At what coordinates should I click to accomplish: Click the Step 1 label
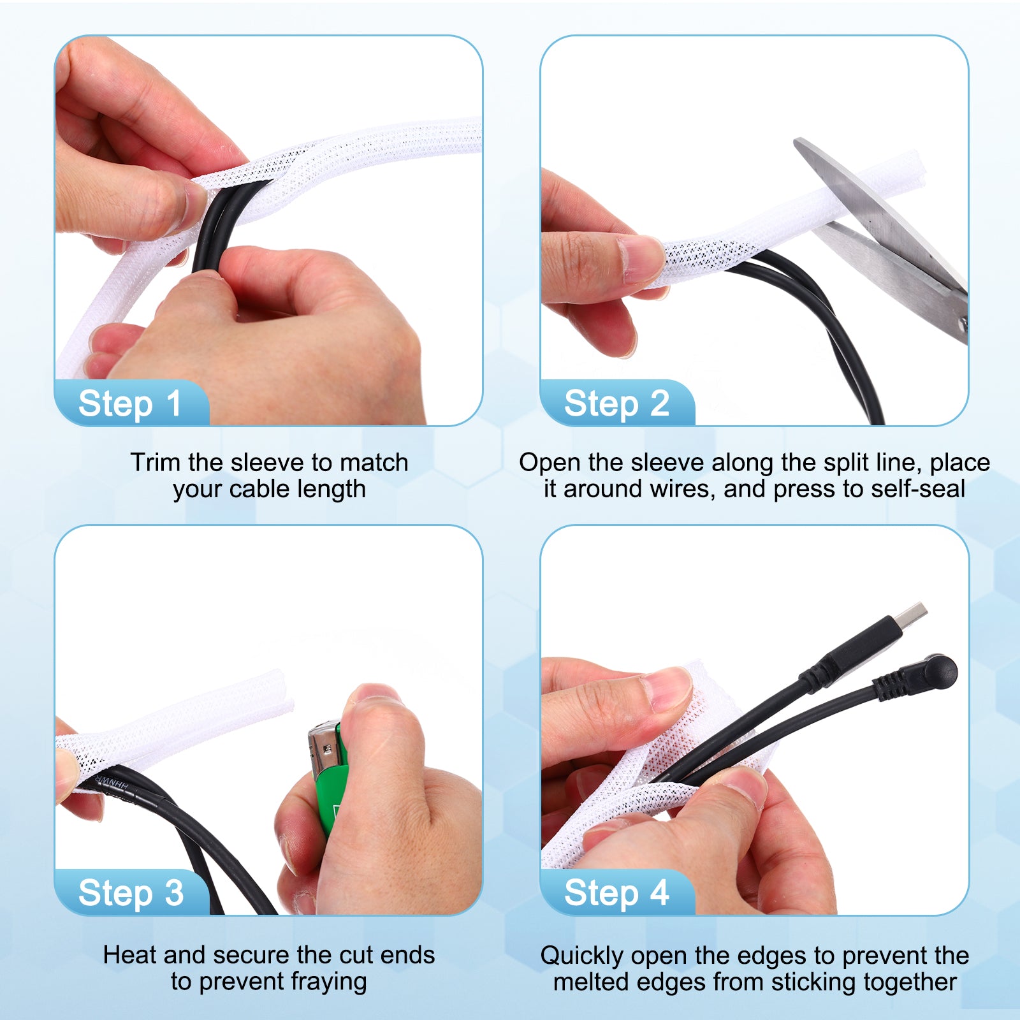[130, 404]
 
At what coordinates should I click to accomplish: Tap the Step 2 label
[616, 404]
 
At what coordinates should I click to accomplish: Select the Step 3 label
[131, 893]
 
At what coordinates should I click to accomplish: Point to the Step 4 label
[616, 893]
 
